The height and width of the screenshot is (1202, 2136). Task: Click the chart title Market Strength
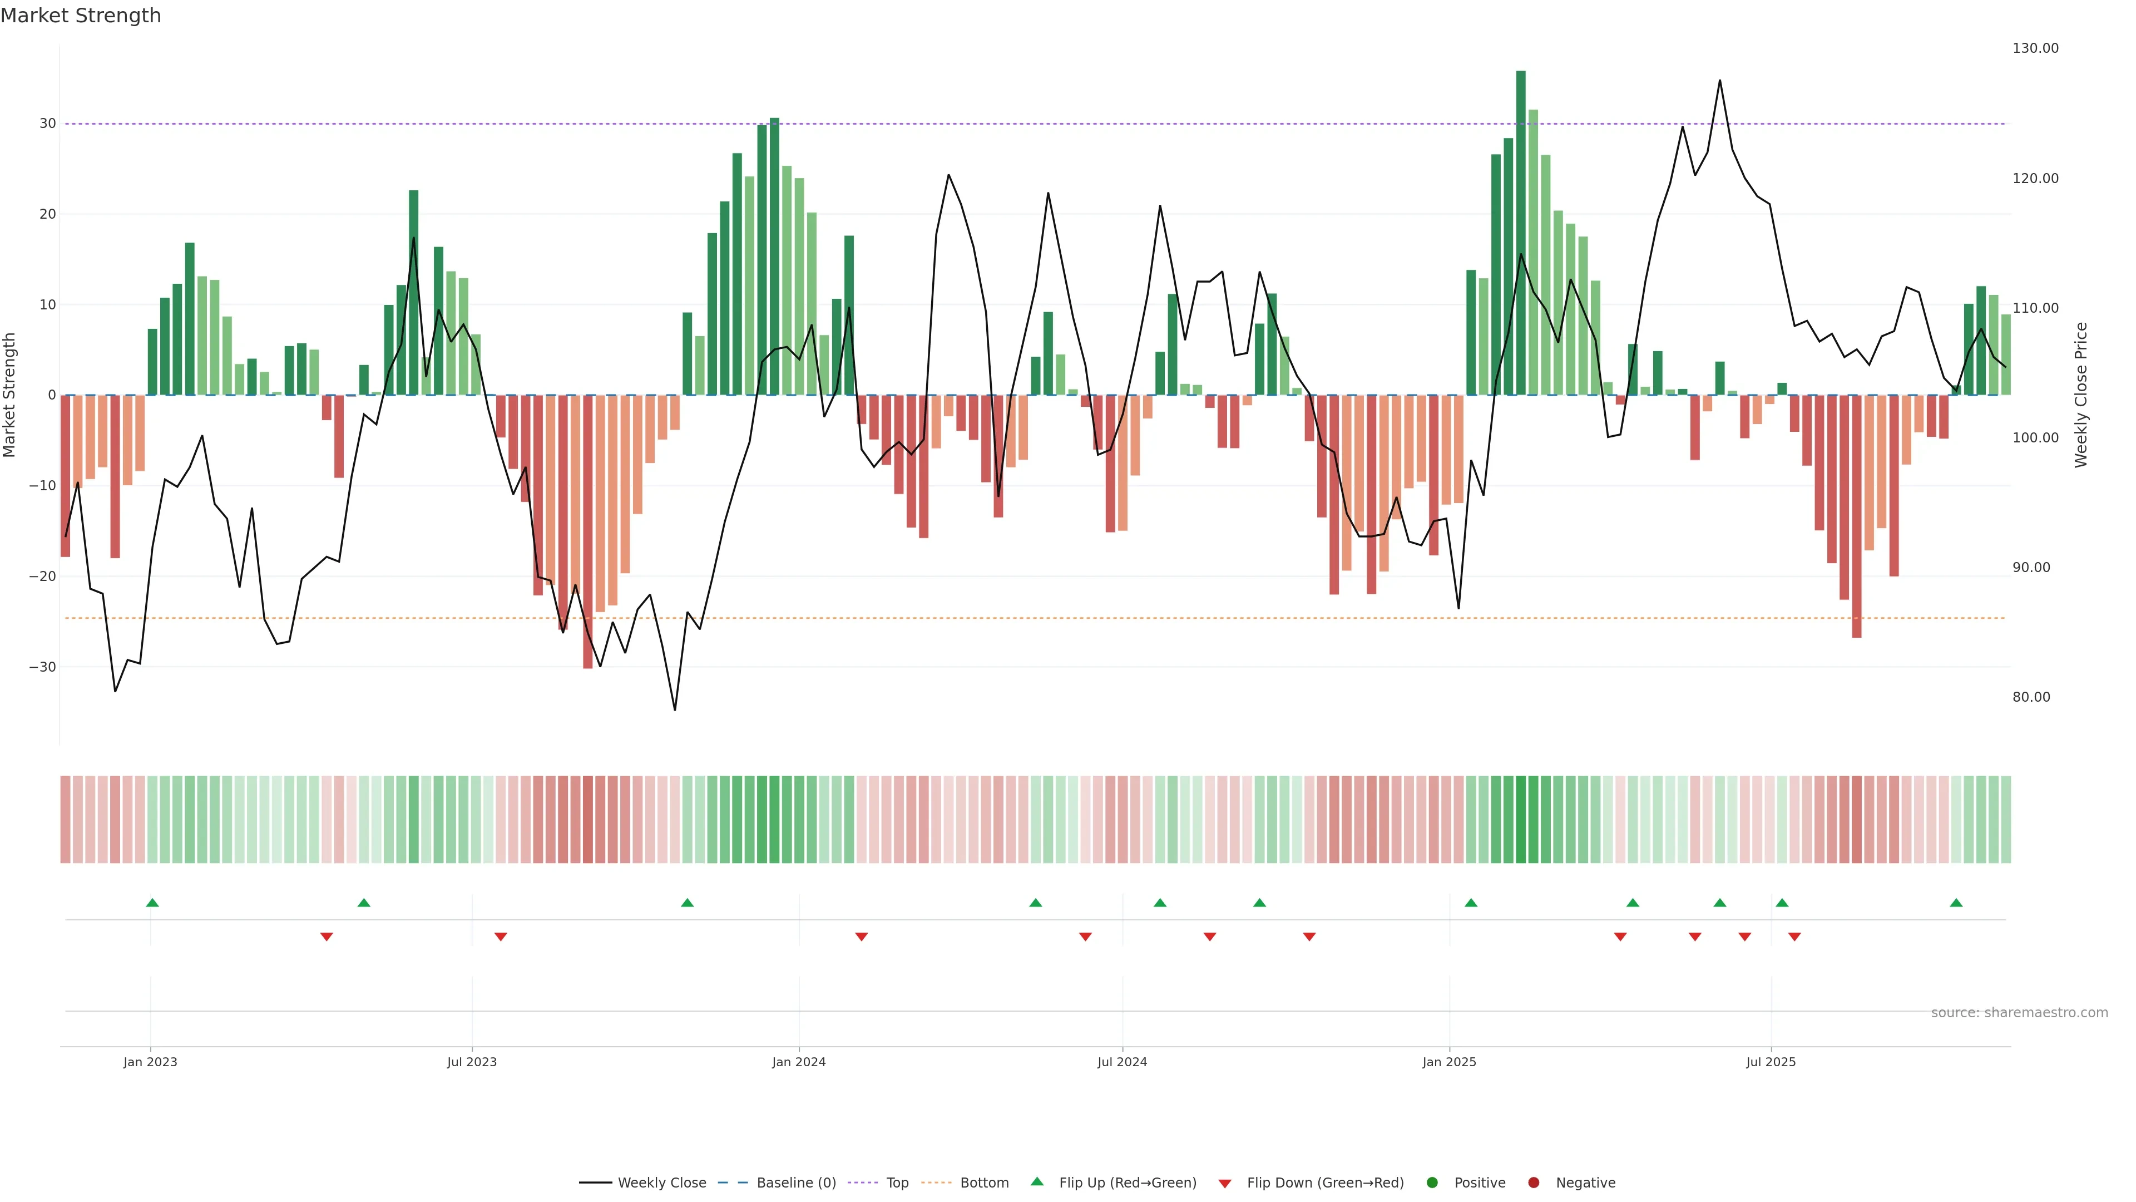click(81, 16)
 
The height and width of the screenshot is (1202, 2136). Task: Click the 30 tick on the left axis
click(47, 124)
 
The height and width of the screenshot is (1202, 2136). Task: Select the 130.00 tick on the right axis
click(2035, 48)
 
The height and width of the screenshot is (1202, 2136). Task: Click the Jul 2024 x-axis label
click(1122, 1062)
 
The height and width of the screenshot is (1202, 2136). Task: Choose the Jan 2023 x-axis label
click(150, 1062)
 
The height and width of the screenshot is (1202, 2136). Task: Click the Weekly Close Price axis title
click(2081, 395)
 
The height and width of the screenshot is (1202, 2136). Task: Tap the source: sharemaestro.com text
click(2019, 1013)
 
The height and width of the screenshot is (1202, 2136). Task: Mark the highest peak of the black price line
click(1719, 81)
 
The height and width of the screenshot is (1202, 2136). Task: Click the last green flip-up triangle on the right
click(1956, 903)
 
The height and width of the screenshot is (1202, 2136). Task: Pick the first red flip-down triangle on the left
click(327, 937)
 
